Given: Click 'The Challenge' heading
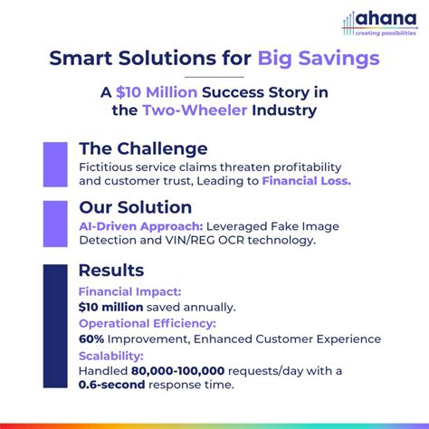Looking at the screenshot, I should pos(143,148).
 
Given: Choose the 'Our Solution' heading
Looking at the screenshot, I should pos(135,207).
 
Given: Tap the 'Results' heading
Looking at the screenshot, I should pos(110,271).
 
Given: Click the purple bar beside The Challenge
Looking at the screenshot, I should pos(56,165).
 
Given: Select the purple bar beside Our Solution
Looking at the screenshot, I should pos(56,223).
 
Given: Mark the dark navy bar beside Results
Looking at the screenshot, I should pos(56,328).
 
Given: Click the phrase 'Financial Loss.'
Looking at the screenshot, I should pos(306,181).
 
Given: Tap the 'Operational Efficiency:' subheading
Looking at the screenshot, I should pos(148,323).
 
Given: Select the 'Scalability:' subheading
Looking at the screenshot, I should pos(110,355).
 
